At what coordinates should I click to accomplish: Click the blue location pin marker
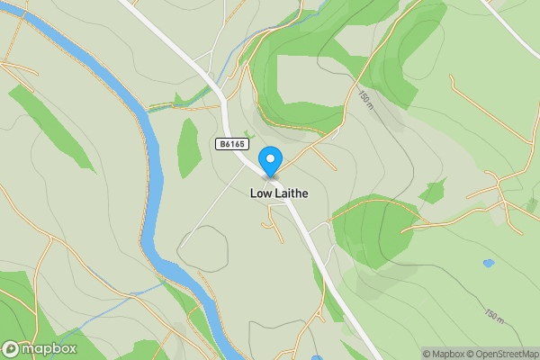click(x=269, y=161)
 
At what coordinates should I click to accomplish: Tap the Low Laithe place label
click(x=276, y=193)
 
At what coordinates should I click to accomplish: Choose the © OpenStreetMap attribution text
click(x=505, y=354)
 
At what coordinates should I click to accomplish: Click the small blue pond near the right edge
click(x=488, y=263)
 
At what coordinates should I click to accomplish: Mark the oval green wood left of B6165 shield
click(x=188, y=146)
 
